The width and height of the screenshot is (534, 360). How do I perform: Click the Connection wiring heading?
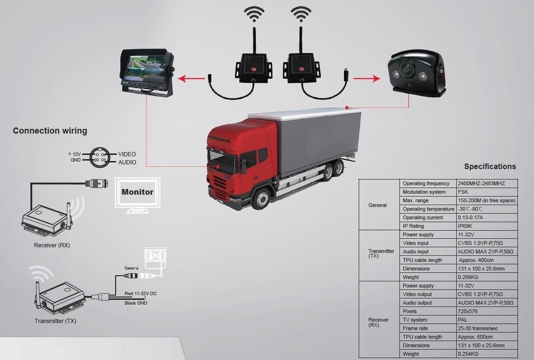(x=50, y=131)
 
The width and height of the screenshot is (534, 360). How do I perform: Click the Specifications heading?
(x=490, y=166)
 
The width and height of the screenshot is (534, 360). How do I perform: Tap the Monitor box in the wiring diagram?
(x=137, y=192)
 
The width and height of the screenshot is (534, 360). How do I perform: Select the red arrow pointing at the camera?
(x=367, y=79)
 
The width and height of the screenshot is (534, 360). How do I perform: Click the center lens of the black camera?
(x=406, y=69)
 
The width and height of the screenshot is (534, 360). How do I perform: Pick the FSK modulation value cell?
(x=463, y=192)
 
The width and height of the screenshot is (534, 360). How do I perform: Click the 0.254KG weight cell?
(x=468, y=354)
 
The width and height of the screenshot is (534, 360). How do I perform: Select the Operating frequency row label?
(x=425, y=183)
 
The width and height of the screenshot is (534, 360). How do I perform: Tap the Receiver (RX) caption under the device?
(x=52, y=245)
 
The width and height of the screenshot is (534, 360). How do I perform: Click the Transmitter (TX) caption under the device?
(x=55, y=321)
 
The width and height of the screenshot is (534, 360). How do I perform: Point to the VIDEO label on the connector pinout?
(x=127, y=154)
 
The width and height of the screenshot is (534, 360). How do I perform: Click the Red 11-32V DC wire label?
(x=140, y=294)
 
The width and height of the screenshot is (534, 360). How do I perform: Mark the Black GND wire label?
(x=136, y=303)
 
